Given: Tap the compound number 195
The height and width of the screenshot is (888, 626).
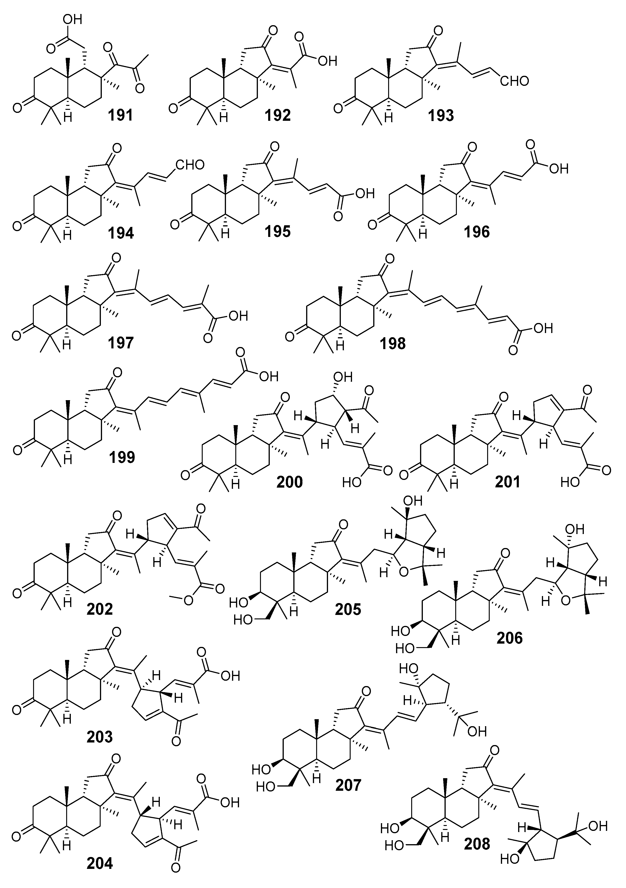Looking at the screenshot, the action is (277, 231).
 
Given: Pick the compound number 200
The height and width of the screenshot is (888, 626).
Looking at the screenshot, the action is (289, 482).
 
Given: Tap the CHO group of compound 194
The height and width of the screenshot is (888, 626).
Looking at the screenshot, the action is (189, 165).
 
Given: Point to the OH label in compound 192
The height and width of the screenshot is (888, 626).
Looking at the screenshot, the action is (327, 61).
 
